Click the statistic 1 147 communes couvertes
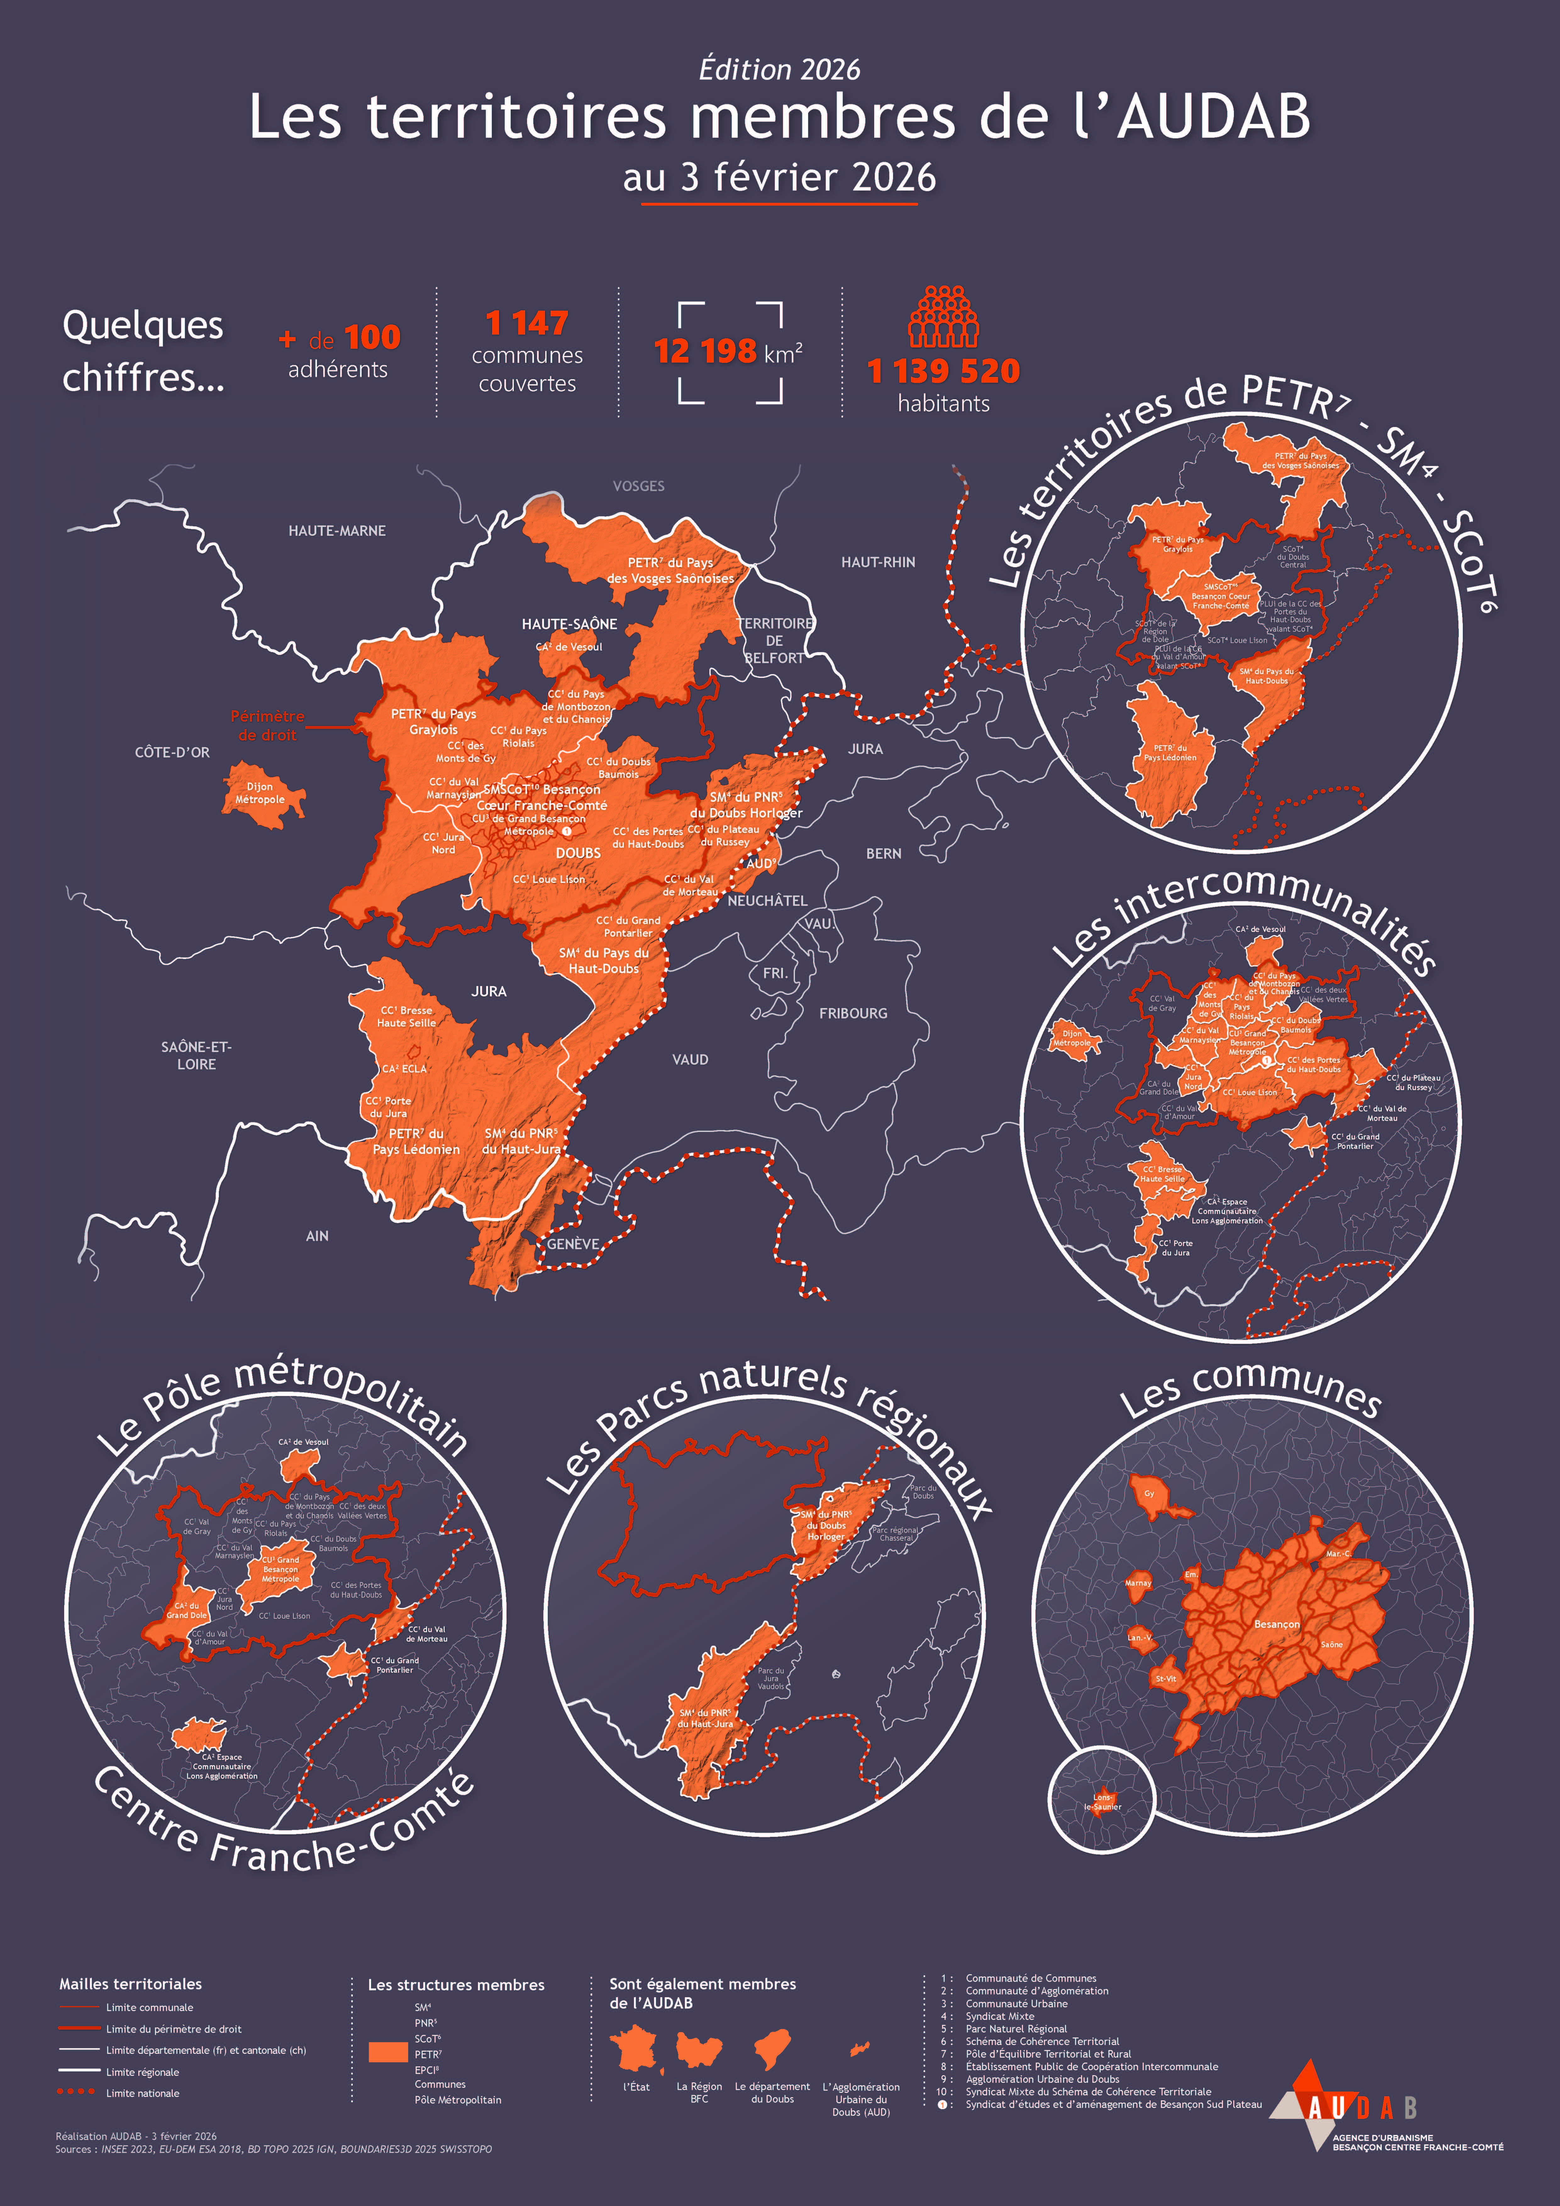tap(527, 351)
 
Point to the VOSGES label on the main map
tap(638, 486)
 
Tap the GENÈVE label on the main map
tap(573, 1243)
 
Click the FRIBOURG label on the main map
tap(852, 1013)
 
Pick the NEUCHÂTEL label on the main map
tap(767, 900)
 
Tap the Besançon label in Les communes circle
tap(1276, 1624)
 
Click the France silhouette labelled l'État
tap(635, 2049)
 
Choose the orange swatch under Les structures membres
tap(388, 2052)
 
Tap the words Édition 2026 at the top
tap(780, 69)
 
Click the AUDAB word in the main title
tap(1213, 117)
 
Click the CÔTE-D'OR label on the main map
tap(172, 752)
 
